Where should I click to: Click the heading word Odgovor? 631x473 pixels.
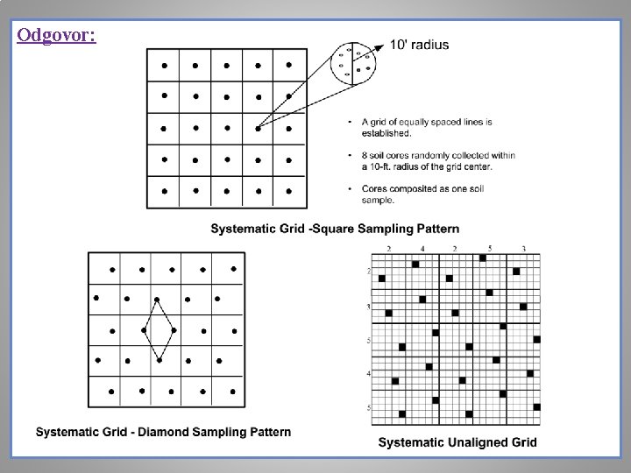[56, 36]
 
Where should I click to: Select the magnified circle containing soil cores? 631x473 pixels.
[354, 64]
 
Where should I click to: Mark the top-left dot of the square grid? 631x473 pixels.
[163, 64]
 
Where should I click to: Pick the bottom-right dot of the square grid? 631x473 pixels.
[289, 191]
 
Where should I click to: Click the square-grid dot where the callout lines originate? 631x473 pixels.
[258, 128]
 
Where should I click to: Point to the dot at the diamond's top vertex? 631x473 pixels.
[158, 300]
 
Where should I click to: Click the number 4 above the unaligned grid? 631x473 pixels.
[422, 249]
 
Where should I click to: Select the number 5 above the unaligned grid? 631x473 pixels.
[490, 249]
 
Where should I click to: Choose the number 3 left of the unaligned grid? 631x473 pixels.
[368, 307]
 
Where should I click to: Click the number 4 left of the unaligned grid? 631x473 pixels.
[368, 374]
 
